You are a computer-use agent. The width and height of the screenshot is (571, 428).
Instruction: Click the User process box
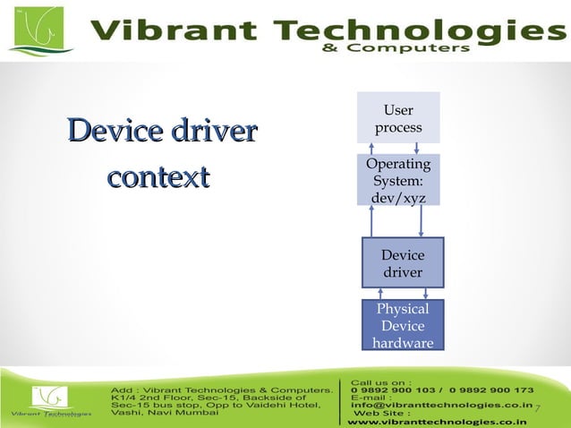398,118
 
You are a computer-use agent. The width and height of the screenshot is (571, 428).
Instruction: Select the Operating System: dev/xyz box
398,181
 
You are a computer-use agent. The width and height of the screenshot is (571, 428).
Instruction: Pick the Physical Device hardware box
402,326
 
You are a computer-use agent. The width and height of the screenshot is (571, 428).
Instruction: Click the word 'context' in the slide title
158,176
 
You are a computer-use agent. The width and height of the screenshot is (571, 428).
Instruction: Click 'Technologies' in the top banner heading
408,32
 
